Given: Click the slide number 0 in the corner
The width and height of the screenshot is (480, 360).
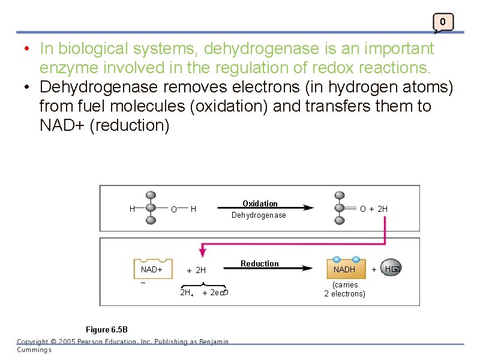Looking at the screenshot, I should pyautogui.click(x=442, y=22).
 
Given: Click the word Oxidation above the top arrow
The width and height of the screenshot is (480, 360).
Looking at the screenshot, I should pyautogui.click(x=260, y=204).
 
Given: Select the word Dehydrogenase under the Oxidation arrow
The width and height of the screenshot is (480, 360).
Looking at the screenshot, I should pyautogui.click(x=259, y=215).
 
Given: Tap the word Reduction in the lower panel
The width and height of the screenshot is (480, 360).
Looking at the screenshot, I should pyautogui.click(x=260, y=264).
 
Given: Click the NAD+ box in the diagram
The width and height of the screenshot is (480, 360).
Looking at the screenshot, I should pyautogui.click(x=152, y=269).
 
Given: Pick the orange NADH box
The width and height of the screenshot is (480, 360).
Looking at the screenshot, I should pyautogui.click(x=344, y=269).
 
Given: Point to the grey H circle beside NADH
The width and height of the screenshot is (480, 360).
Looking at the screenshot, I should pyautogui.click(x=392, y=269).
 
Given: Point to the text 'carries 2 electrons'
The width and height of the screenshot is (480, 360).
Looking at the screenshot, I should pyautogui.click(x=344, y=289).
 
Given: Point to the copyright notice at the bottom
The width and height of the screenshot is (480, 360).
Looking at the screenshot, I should pyautogui.click(x=122, y=345).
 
